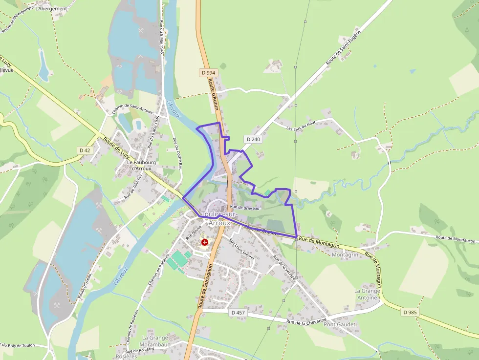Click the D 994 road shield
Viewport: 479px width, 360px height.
pos(208,73)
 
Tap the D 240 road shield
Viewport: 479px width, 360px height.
pos(254,139)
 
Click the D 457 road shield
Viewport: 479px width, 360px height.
pos(238,312)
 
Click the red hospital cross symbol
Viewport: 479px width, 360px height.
pos(204,242)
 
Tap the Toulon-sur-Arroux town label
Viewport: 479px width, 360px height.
pos(219,218)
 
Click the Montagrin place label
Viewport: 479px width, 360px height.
pos(345,255)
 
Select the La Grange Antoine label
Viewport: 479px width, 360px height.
pos(367,294)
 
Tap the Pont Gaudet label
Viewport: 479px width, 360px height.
pos(340,324)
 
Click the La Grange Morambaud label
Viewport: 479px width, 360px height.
pos(155,341)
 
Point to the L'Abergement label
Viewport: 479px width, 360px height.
pos(51,9)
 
